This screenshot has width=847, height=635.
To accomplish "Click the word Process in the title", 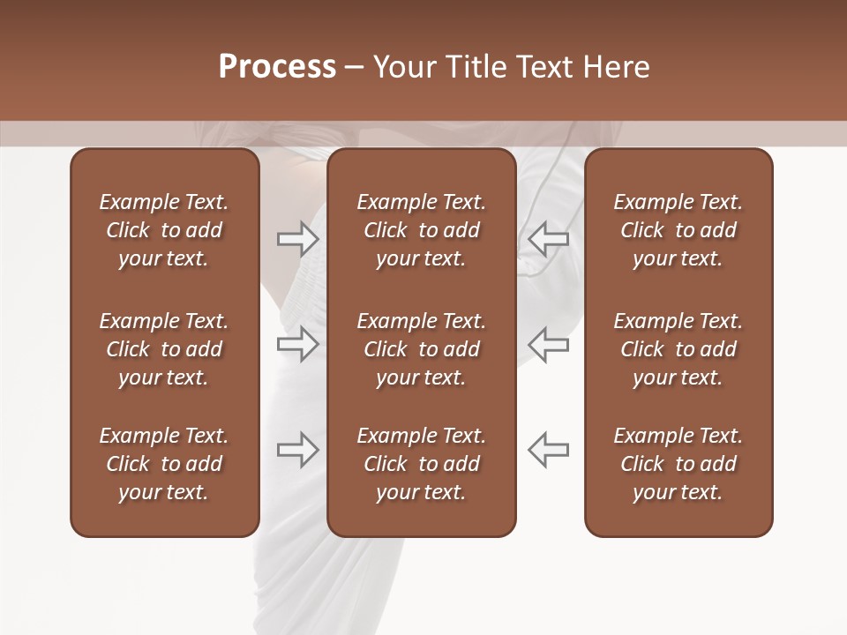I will tap(277, 67).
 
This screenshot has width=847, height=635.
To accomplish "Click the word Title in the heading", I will tap(474, 67).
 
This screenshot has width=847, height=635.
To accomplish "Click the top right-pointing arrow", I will tap(297, 238).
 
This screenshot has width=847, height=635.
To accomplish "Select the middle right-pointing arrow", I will tap(297, 343).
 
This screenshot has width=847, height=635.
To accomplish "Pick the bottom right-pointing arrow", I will tap(297, 450).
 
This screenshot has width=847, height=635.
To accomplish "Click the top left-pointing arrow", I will tap(549, 238).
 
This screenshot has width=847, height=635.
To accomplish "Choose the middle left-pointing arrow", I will tap(549, 343).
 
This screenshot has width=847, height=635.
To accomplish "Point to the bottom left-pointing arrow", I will tap(549, 450).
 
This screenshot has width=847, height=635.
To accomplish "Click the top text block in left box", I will tap(164, 230).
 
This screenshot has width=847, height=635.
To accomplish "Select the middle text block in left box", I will tap(164, 349).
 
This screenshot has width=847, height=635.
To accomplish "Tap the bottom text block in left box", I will tap(164, 464).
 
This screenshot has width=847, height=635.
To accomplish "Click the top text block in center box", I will tap(421, 230).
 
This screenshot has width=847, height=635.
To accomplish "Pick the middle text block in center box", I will tap(421, 349).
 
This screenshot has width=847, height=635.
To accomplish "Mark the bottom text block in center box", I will tap(421, 464).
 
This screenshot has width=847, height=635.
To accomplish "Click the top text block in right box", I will tap(678, 230).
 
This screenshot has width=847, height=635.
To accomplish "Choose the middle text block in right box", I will tap(678, 349).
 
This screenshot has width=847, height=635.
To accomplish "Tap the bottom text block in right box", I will tap(678, 464).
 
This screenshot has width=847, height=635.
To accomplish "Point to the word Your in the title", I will tap(404, 67).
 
